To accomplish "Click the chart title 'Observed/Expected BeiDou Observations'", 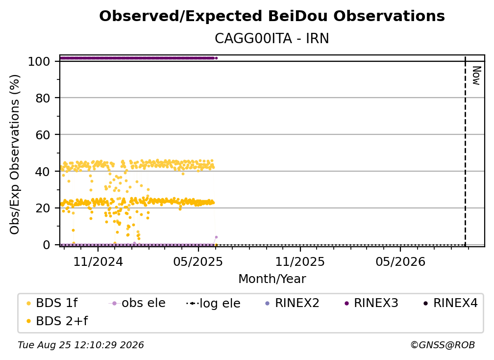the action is click(272, 16).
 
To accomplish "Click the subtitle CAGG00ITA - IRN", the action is click(272, 38).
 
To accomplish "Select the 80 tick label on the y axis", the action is click(43, 99).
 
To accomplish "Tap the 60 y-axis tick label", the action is click(43, 135).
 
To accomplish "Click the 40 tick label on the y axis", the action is click(43, 172).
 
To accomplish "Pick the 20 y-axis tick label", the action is click(43, 208).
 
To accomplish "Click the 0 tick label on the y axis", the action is click(47, 245).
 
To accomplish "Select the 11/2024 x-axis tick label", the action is click(98, 261).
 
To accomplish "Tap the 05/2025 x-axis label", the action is click(198, 261).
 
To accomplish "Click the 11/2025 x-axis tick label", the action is click(300, 261).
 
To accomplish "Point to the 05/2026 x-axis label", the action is click(400, 261).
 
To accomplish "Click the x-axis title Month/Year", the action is click(272, 279).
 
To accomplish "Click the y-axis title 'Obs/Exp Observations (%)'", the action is click(15, 154).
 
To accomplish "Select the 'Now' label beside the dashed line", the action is click(477, 76).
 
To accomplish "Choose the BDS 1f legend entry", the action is click(52, 303).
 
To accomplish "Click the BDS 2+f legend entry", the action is click(57, 321).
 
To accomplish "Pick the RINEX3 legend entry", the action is click(371, 303).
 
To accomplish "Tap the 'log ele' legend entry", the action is click(213, 303).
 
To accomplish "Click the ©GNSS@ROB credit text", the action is click(443, 345).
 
